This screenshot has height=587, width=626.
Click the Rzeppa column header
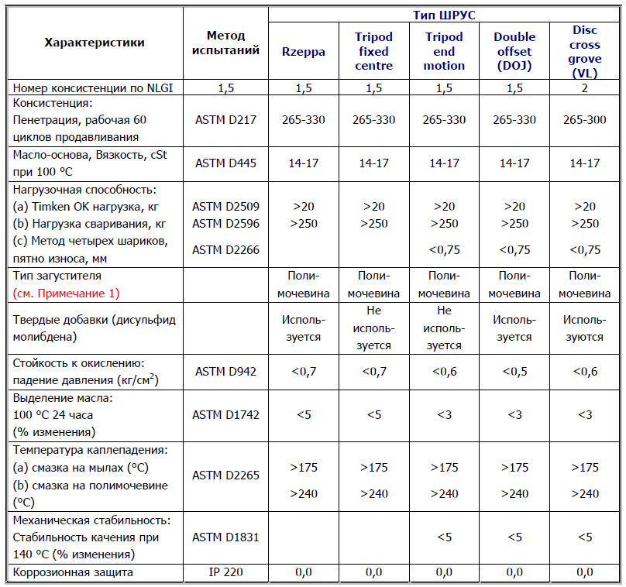point(304,51)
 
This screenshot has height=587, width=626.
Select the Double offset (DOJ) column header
point(514,51)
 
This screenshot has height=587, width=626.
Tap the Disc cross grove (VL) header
point(585,51)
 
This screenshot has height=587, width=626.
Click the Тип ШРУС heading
point(445,14)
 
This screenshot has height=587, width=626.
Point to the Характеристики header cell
point(95,43)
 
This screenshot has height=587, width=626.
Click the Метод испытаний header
point(226,43)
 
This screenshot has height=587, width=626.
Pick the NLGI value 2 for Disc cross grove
point(585,88)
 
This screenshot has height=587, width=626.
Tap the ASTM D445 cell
point(226,163)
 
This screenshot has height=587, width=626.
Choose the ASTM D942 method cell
point(226,372)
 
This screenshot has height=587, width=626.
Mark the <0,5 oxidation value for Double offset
point(514,372)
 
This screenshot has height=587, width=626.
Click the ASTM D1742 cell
point(226,414)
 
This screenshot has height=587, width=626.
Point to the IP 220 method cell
point(226,572)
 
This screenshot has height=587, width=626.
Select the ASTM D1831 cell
point(226,537)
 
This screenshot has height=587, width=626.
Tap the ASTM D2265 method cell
point(226,475)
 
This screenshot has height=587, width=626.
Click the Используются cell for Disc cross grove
point(585,328)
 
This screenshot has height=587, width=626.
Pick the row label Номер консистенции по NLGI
point(93,88)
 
